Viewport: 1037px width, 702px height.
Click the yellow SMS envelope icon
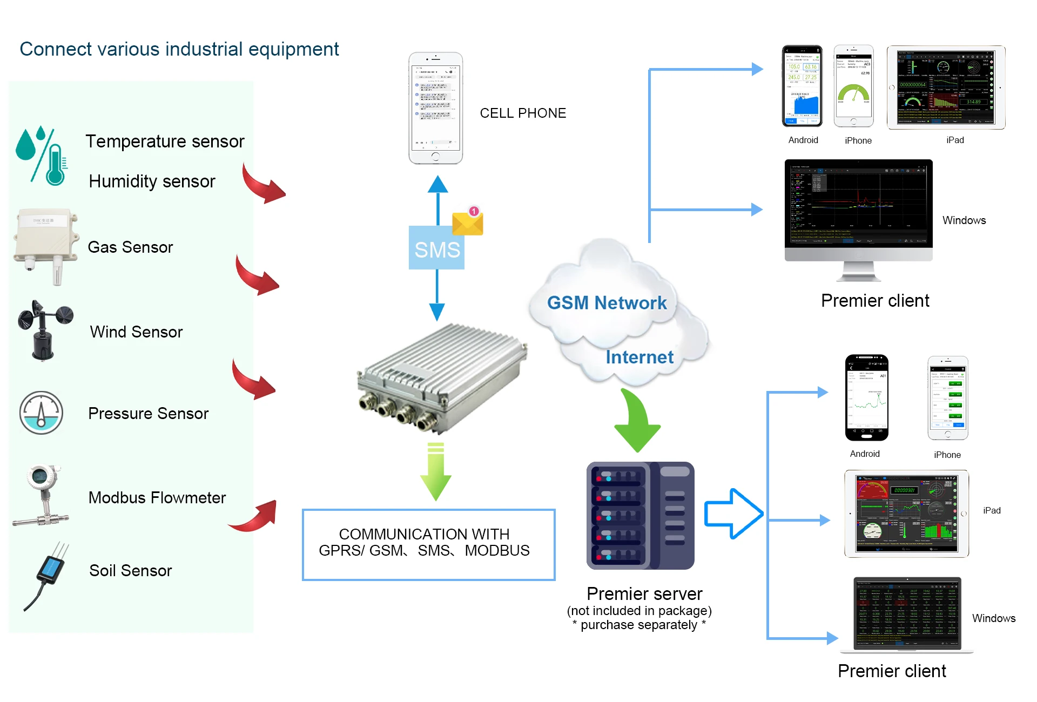pos(468,222)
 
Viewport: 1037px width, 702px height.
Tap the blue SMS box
pos(436,248)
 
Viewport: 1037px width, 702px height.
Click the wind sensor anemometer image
pos(44,330)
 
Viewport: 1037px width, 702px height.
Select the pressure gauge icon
pos(41,413)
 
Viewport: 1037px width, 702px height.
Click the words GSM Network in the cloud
pos(607,303)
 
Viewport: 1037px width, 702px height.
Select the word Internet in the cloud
pos(639,357)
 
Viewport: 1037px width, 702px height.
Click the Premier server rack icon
pos(640,515)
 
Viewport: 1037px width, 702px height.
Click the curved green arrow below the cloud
pos(637,421)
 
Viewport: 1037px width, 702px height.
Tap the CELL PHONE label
pos(523,113)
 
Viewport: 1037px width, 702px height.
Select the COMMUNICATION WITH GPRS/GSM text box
pos(428,544)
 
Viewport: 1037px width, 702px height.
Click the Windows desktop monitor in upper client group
pos(858,211)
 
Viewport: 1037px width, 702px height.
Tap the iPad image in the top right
pos(946,87)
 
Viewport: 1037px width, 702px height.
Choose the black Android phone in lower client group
pos(866,397)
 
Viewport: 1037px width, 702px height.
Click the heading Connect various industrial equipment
pos(179,49)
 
